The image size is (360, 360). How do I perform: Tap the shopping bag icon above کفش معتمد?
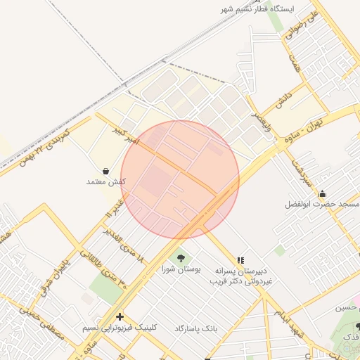[105, 170]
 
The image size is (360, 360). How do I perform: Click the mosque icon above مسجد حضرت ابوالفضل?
[322, 193]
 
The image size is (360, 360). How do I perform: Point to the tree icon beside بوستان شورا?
[181, 258]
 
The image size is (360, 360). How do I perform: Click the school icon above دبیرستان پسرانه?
[240, 260]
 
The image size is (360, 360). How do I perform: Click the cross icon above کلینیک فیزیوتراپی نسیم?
[120, 316]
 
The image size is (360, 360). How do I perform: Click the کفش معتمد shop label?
[105, 181]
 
